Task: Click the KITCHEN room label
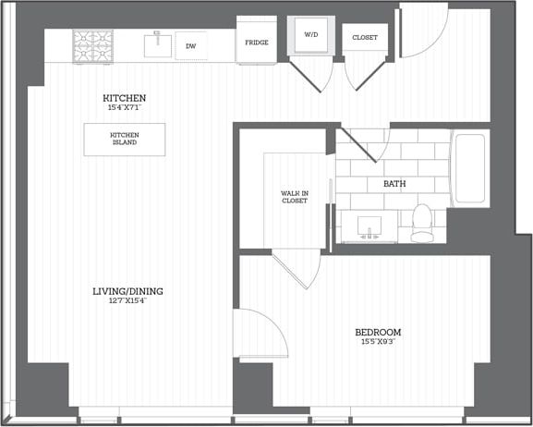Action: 125,98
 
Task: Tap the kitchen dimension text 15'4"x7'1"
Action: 125,108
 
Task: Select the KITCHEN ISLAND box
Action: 125,140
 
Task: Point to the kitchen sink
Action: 158,43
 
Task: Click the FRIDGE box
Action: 257,43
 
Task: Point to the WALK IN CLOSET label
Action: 295,197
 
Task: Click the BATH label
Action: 394,184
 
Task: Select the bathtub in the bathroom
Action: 469,169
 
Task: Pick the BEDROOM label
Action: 378,332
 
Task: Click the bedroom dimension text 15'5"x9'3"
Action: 378,343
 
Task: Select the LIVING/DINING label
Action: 120,291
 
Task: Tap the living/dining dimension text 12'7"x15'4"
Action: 120,301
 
